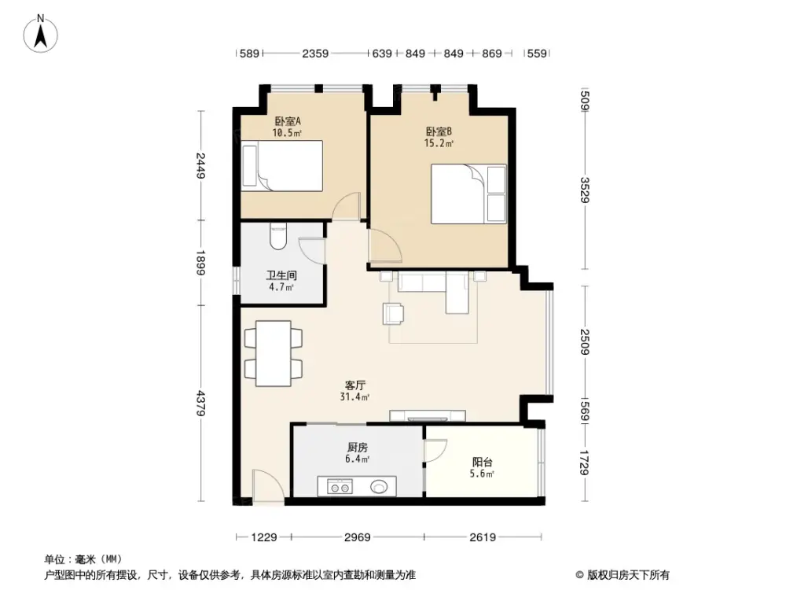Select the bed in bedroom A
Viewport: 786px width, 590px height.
click(282, 166)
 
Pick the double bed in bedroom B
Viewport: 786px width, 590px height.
click(468, 194)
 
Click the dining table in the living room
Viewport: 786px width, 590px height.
click(273, 353)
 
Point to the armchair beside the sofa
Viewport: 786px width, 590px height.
click(394, 313)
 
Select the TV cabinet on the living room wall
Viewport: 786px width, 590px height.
click(428, 415)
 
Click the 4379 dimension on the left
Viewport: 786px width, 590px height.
click(202, 403)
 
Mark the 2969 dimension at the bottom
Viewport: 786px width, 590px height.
click(357, 537)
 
